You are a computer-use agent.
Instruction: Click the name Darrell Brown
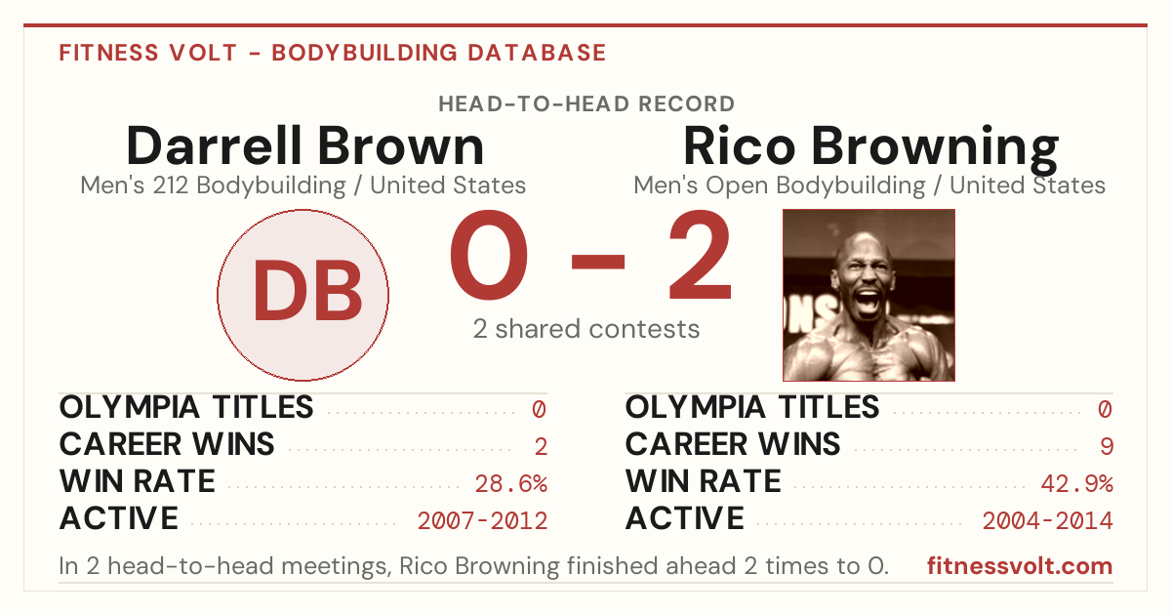[x=304, y=145]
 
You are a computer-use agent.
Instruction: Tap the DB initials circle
[x=303, y=295]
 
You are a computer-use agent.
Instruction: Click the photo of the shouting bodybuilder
[x=868, y=295]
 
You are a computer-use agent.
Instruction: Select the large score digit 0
[x=489, y=255]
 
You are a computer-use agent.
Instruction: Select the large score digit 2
[x=700, y=255]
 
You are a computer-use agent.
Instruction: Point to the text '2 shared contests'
[x=586, y=329]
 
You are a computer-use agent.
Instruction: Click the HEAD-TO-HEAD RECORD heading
[x=586, y=104]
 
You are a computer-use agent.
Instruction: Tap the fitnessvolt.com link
[x=1020, y=566]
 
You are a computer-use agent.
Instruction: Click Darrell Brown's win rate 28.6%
[x=510, y=484]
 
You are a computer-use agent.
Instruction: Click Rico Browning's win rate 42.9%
[x=1076, y=484]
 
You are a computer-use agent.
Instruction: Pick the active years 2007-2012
[x=482, y=521]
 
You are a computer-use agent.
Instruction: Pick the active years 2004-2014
[x=1048, y=521]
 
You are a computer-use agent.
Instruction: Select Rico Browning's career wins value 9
[x=1107, y=447]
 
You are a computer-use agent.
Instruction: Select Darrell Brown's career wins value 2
[x=541, y=447]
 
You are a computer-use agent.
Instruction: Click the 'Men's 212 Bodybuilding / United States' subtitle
[x=303, y=185]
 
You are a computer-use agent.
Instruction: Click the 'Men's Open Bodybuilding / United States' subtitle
[x=869, y=185]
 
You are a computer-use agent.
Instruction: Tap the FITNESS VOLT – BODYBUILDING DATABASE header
[x=333, y=53]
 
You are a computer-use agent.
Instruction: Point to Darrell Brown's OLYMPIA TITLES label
[x=186, y=407]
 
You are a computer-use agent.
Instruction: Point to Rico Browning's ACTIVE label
[x=684, y=518]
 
